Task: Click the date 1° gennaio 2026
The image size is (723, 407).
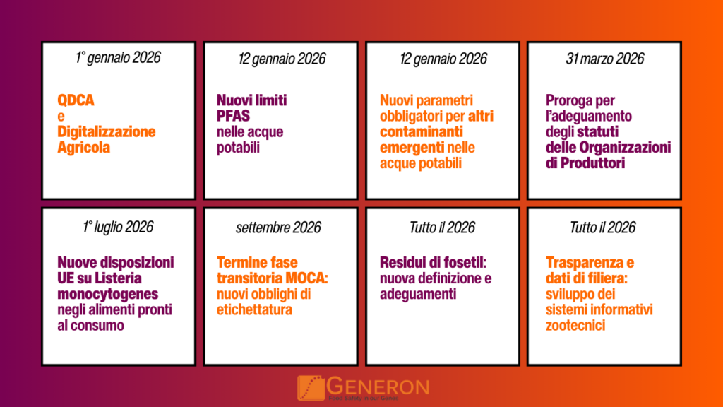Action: pyautogui.click(x=118, y=58)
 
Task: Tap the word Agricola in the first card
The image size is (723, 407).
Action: pyautogui.click(x=83, y=148)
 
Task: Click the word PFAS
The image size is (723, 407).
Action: pyautogui.click(x=233, y=116)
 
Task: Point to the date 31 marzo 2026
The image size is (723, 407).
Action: pyautogui.click(x=604, y=59)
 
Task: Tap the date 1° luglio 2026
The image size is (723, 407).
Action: pyautogui.click(x=118, y=227)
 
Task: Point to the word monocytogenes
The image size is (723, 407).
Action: pyautogui.click(x=108, y=293)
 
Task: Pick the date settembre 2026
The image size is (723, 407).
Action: pyautogui.click(x=278, y=227)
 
